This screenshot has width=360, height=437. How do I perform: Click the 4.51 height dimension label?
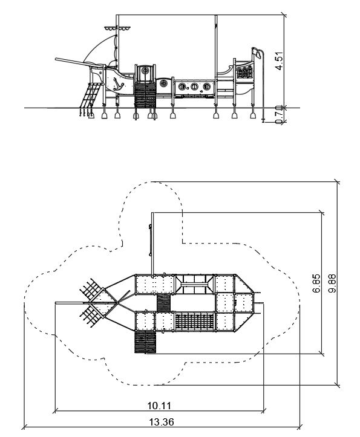click(279, 61)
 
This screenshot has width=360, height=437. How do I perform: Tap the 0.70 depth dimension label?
click(279, 115)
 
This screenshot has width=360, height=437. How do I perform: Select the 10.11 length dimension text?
click(159, 406)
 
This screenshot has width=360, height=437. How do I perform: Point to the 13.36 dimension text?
click(162, 422)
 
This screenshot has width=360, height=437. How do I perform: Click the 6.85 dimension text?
click(317, 283)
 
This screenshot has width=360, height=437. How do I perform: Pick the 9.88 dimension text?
click(332, 283)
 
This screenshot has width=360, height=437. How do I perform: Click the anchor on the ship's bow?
click(118, 84)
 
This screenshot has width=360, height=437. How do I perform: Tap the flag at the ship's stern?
click(257, 53)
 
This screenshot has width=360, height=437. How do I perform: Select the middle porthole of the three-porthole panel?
click(194, 86)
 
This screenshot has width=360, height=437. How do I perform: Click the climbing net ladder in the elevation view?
click(90, 95)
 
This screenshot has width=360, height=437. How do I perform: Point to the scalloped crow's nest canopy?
click(117, 28)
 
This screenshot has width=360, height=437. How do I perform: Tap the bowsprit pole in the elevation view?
click(79, 63)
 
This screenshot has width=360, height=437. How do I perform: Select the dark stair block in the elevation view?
click(145, 95)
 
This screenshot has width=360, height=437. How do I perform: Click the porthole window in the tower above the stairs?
click(145, 70)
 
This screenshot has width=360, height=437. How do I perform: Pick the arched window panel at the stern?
click(244, 73)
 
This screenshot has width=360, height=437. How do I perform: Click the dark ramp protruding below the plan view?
click(145, 342)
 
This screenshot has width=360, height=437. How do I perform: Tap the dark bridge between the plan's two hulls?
click(163, 303)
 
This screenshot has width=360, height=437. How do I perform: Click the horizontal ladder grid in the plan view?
click(195, 322)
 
